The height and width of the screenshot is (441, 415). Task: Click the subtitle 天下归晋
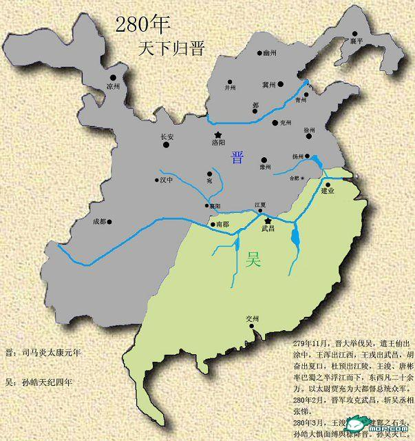(x=171, y=48)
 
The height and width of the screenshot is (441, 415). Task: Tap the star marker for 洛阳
(x=218, y=134)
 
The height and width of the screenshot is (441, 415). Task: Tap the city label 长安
(x=167, y=136)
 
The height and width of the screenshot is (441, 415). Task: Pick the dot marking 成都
(x=109, y=222)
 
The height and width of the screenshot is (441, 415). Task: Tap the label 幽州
(x=269, y=52)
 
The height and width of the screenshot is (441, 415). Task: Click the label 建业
(x=328, y=191)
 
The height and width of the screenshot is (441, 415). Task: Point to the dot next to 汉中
(x=157, y=181)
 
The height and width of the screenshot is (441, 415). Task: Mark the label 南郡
(x=222, y=225)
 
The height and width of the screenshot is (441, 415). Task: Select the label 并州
(x=231, y=88)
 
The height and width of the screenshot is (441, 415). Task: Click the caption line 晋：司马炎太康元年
(x=43, y=352)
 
